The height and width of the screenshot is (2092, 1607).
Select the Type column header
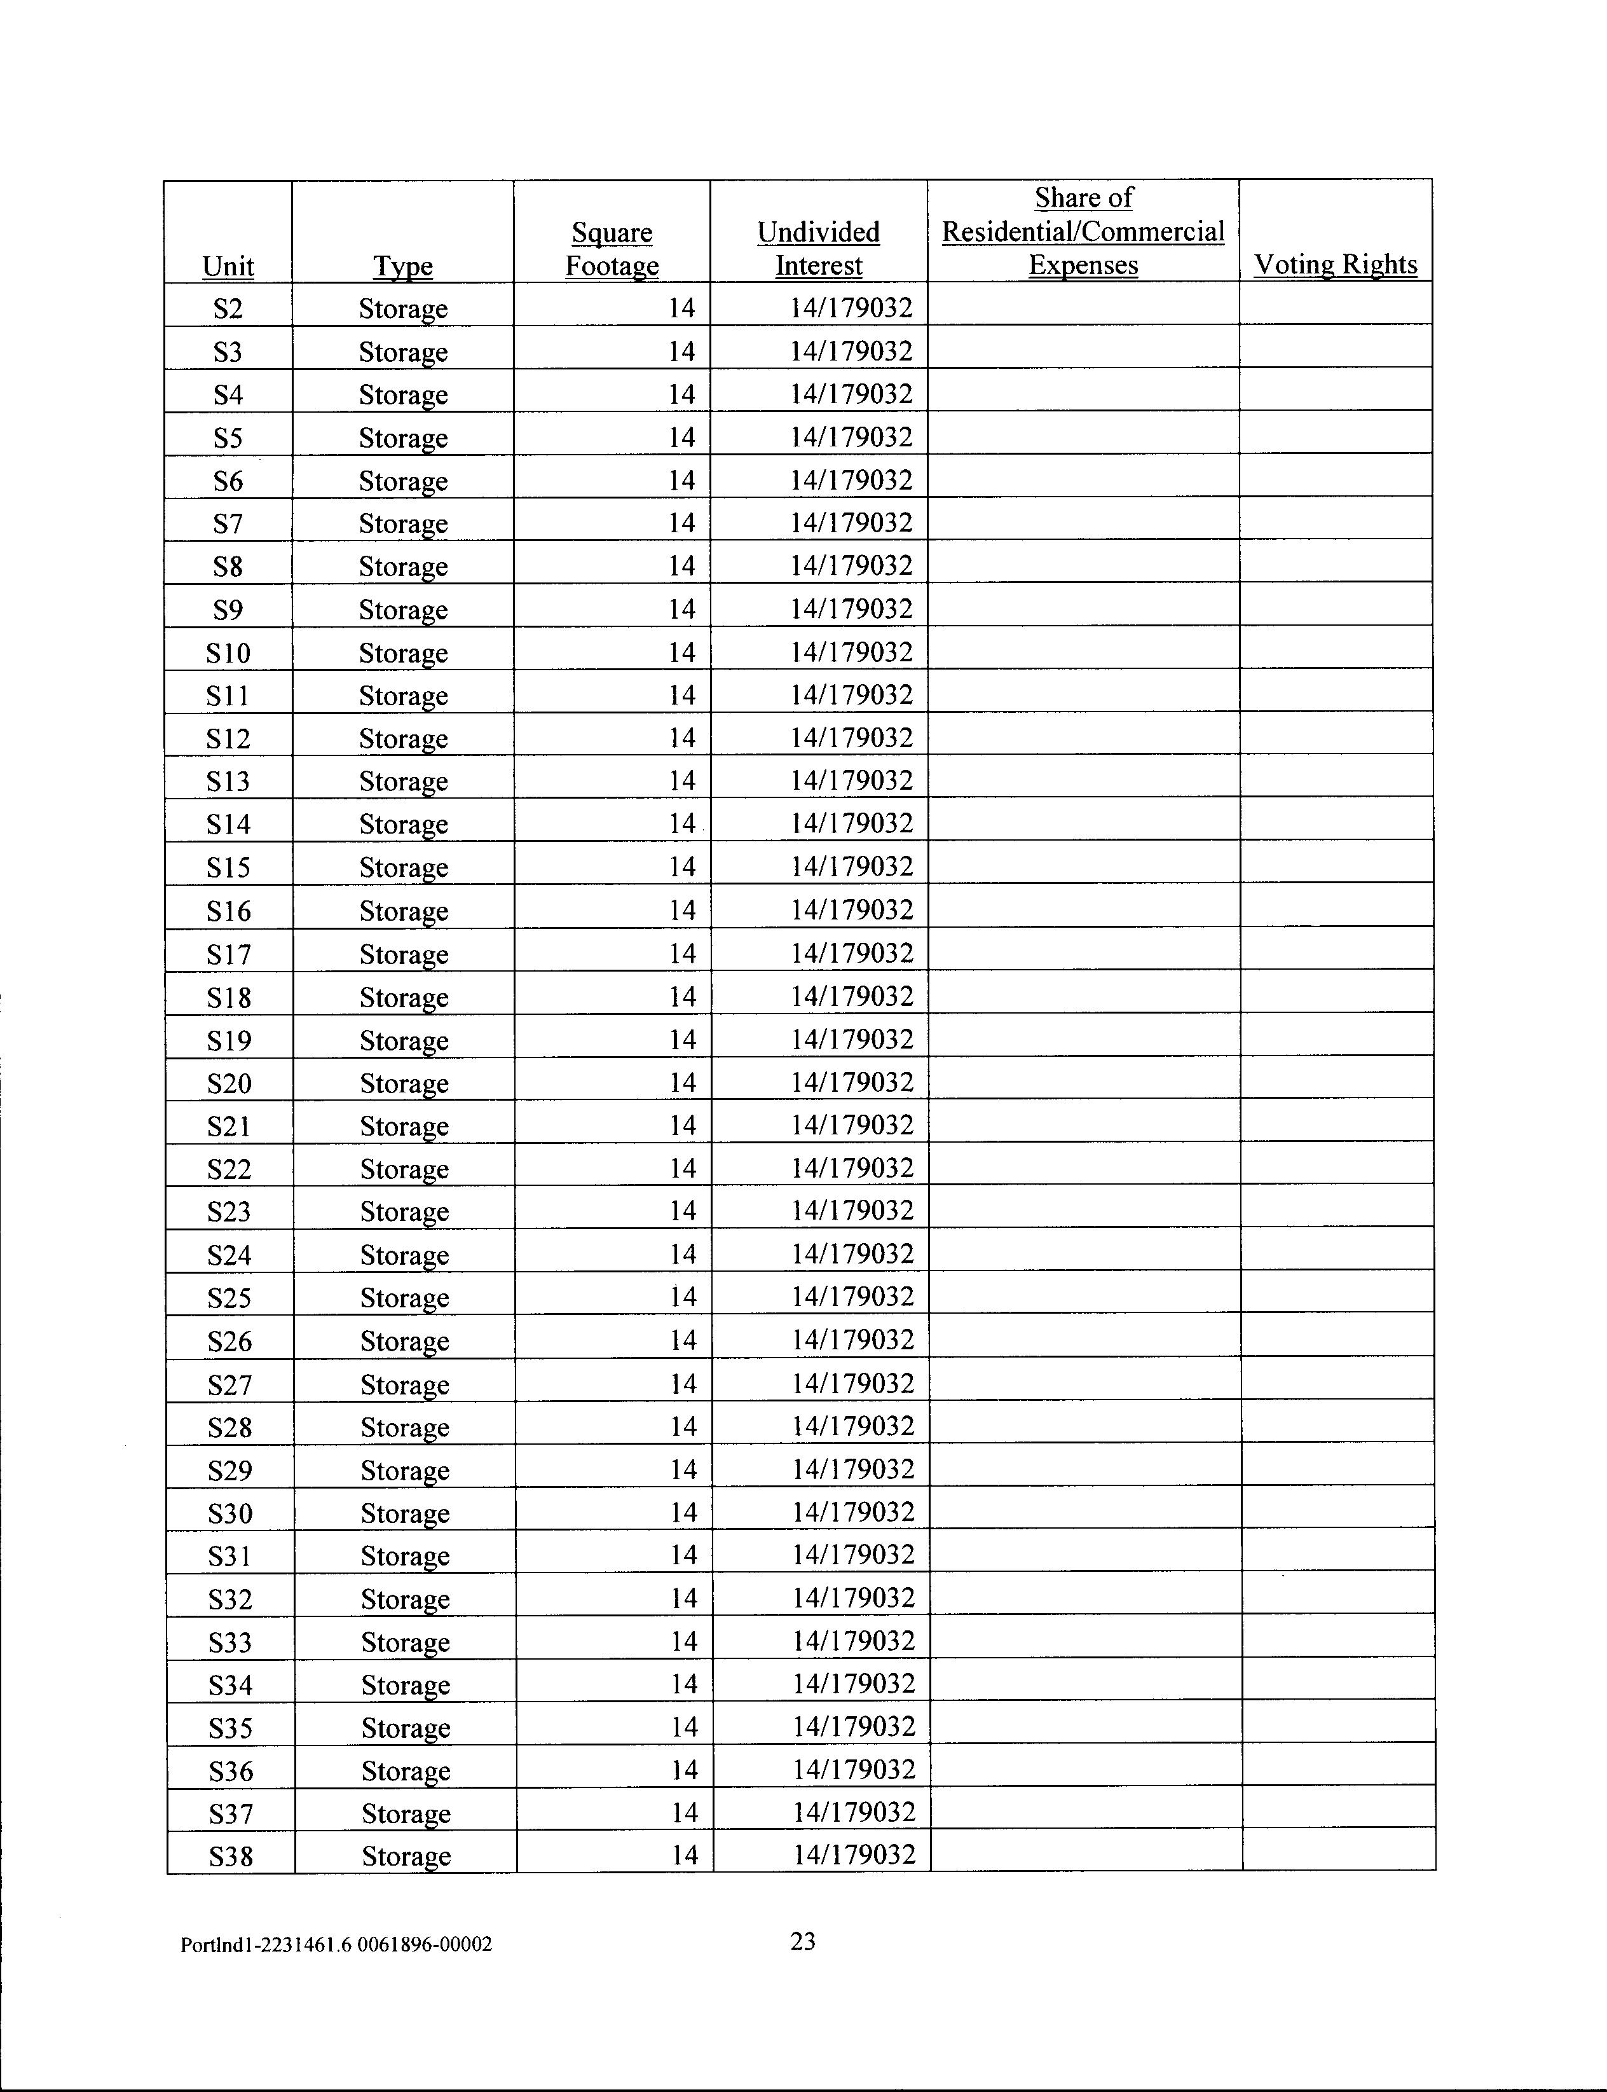pos(403,266)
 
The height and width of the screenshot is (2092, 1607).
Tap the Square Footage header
pos(612,249)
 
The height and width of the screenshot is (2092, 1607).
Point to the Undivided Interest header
pos(819,249)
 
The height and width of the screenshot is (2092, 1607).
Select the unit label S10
pos(228,653)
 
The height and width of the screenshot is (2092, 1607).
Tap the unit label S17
pos(229,954)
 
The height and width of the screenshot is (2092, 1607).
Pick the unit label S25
pos(229,1298)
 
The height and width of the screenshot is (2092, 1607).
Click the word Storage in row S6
pos(403,481)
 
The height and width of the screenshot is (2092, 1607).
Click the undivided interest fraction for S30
pos(853,1512)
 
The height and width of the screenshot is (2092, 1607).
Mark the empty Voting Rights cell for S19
pos(1336,1036)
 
